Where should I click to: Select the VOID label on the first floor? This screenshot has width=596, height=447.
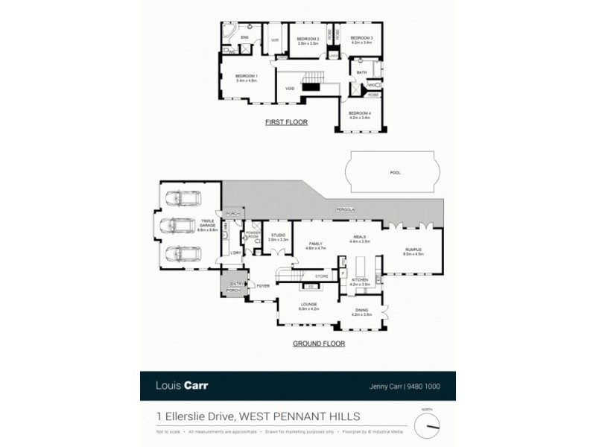pos(290,89)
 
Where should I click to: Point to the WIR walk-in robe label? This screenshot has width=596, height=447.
pos(274,39)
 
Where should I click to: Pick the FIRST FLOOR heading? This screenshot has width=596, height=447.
pos(287,122)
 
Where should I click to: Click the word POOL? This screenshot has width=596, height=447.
pos(395,172)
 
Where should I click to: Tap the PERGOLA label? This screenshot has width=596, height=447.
pos(344,210)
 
